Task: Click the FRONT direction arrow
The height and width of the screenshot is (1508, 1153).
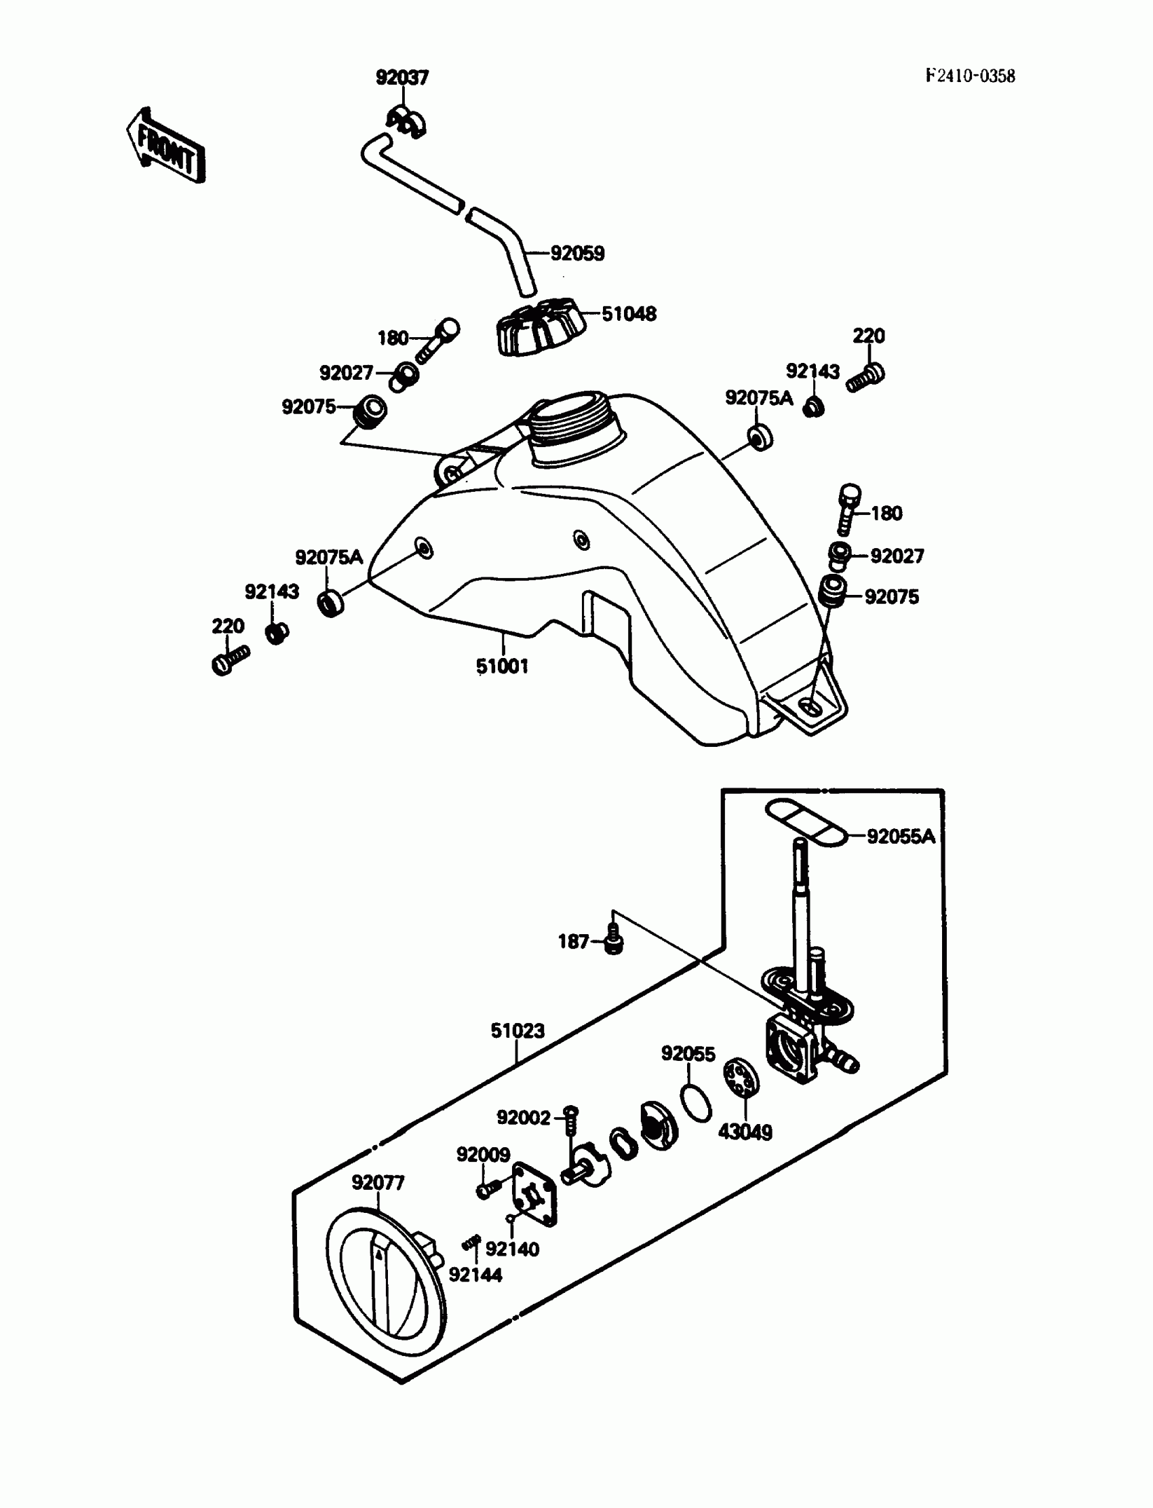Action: (165, 147)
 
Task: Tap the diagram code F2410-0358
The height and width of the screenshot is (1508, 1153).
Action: (969, 76)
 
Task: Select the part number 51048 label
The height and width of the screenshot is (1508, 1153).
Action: (629, 313)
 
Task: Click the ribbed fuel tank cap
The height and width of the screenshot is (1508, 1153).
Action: (539, 327)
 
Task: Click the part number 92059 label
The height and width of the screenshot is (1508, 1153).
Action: (577, 253)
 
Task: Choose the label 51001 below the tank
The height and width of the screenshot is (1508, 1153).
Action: (503, 665)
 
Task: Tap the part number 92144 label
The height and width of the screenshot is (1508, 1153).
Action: (475, 1275)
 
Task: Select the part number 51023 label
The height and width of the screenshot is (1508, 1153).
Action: (517, 1030)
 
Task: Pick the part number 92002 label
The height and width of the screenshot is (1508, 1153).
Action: (524, 1118)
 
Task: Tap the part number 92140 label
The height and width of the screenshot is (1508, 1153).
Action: (512, 1250)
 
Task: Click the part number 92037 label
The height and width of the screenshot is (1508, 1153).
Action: (402, 77)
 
